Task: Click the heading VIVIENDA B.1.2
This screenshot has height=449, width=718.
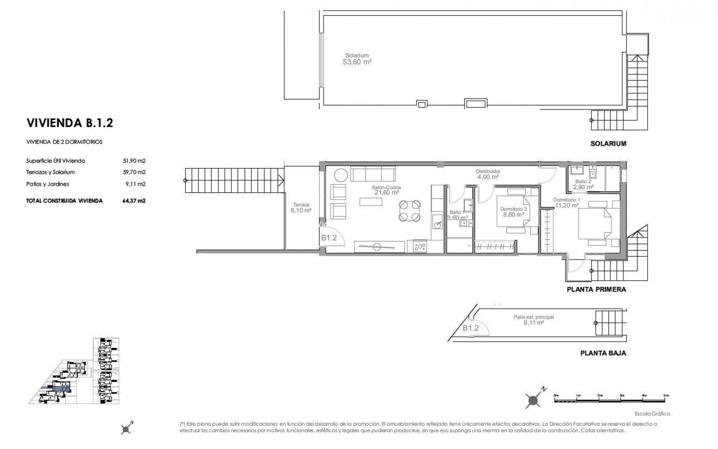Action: [70, 123]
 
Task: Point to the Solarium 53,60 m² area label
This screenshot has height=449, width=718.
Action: [357, 59]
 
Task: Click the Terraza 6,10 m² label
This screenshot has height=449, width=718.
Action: [301, 208]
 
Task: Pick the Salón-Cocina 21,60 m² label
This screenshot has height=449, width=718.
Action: [386, 190]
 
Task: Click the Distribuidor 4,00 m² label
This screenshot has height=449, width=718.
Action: [488, 174]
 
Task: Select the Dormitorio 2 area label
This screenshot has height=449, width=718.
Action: [513, 212]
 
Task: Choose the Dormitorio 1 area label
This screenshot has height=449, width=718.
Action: [566, 202]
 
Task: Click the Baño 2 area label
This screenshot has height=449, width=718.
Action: [583, 184]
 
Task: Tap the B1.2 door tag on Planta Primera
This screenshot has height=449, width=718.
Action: [329, 238]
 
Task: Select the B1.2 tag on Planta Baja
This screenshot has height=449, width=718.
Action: [470, 328]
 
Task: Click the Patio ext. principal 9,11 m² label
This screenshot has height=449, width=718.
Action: [534, 320]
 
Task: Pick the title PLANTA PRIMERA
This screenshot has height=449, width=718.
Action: [596, 289]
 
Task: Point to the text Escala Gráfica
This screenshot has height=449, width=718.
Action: [652, 414]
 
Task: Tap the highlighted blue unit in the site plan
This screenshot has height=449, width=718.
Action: [61, 389]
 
